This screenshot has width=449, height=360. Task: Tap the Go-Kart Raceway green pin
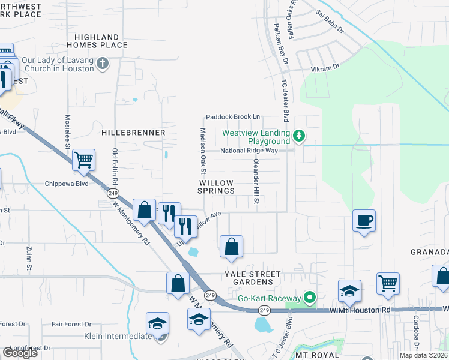(310, 298)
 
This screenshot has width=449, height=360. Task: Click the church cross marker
(103, 63)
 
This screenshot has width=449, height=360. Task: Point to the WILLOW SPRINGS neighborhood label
(217, 186)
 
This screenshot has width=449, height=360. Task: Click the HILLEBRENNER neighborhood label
(133, 132)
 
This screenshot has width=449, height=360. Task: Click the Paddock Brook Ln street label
(233, 117)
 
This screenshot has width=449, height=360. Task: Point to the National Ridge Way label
(249, 151)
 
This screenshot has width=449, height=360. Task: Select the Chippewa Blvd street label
(67, 184)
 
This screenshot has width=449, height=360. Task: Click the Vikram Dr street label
(327, 67)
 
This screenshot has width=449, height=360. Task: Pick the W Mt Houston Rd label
(360, 310)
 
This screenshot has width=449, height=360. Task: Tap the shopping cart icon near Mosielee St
(83, 160)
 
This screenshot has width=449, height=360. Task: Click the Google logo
(20, 353)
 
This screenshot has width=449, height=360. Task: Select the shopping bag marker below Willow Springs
(231, 246)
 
